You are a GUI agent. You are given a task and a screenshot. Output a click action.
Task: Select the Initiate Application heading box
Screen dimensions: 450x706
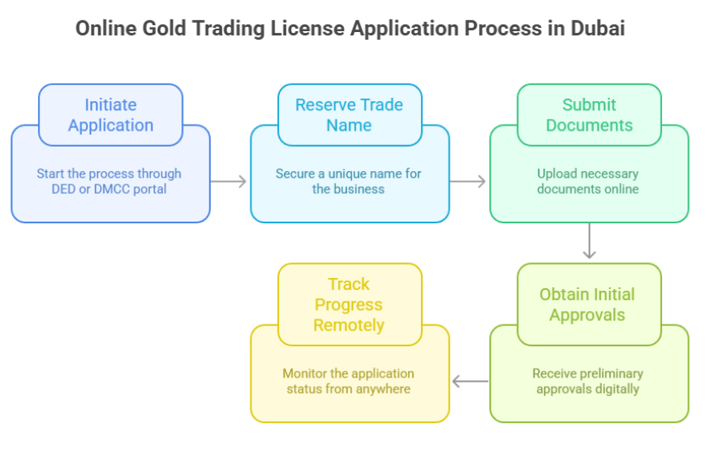pos(110,115)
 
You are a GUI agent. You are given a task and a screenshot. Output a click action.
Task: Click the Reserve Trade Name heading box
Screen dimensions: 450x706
pos(349,115)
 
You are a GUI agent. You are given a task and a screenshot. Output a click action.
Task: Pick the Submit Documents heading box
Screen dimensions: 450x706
pos(589,115)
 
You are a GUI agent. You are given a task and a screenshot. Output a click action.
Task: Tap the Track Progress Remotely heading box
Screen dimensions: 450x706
pos(349,304)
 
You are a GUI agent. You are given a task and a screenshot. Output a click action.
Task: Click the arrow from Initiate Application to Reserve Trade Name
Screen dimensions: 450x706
pos(229,181)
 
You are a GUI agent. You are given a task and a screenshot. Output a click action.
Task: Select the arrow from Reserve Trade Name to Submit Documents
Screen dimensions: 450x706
pos(468,181)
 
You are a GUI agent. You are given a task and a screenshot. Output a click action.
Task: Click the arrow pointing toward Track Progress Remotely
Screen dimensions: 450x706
pos(470,382)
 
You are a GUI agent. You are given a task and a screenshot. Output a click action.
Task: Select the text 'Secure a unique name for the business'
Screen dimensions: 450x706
pos(348,181)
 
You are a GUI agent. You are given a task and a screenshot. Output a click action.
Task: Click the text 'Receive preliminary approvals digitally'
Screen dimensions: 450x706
pos(588,381)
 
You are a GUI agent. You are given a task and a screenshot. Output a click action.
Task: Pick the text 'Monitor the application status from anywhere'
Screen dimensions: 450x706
pos(348,381)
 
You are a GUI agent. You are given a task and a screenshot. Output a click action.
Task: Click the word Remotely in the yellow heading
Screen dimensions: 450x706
pos(349,324)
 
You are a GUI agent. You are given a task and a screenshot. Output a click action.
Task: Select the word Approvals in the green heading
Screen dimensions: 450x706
pos(588,315)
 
